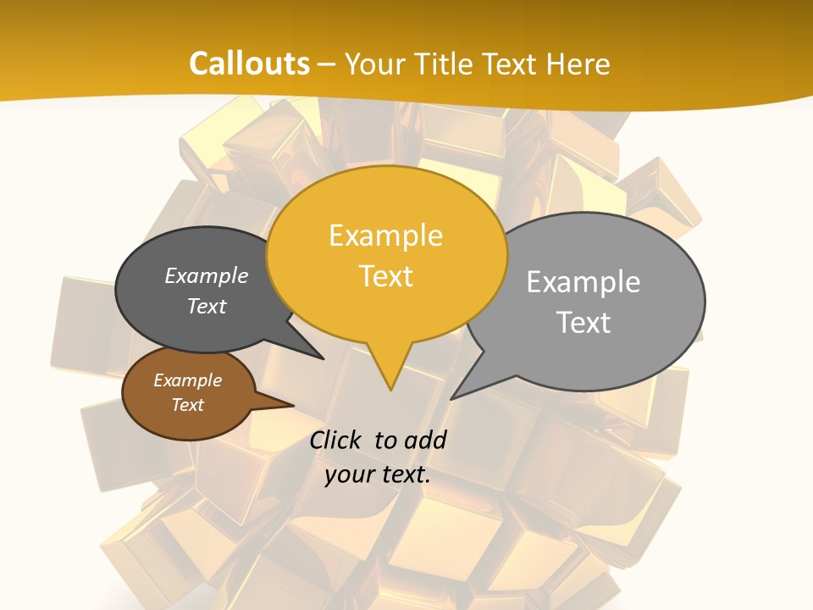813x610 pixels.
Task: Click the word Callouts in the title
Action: [249, 64]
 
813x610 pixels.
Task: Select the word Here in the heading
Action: [578, 64]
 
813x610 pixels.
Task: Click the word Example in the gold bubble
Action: [385, 236]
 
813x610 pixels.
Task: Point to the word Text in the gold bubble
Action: [386, 276]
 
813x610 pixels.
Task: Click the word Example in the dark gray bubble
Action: [207, 275]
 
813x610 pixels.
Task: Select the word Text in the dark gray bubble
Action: [207, 306]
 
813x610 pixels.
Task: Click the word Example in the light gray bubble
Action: [583, 282]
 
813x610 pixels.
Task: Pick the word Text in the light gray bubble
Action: [583, 323]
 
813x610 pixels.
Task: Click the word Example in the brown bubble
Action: [188, 380]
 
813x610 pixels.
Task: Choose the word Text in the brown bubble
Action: [188, 405]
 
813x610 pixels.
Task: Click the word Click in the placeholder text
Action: [335, 440]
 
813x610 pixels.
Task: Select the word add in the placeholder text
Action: [426, 440]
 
